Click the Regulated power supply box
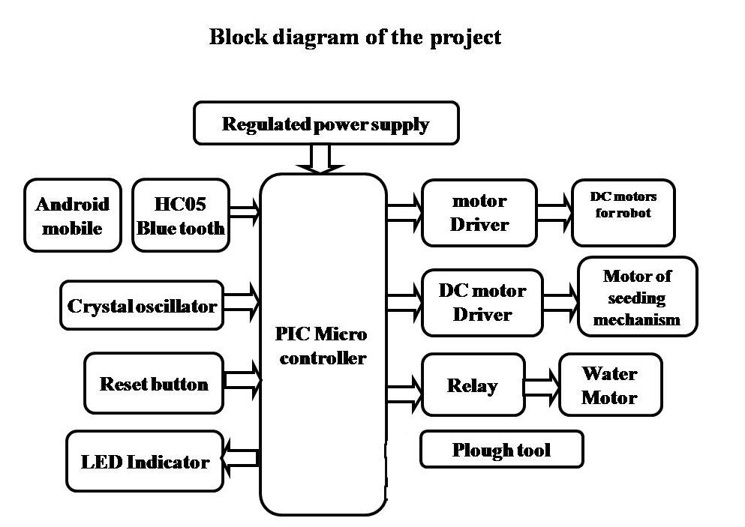(326, 124)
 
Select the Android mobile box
(72, 215)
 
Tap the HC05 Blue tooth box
(180, 215)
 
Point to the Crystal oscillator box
(142, 305)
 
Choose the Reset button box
(154, 384)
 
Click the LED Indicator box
(145, 461)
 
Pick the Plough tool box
(501, 450)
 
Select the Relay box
(473, 385)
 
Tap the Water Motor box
(610, 385)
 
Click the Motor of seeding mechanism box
(637, 297)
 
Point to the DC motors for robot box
(623, 212)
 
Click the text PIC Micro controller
(323, 346)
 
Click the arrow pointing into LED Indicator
(241, 459)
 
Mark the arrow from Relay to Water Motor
(542, 385)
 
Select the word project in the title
(465, 37)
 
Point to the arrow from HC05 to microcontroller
(244, 213)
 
